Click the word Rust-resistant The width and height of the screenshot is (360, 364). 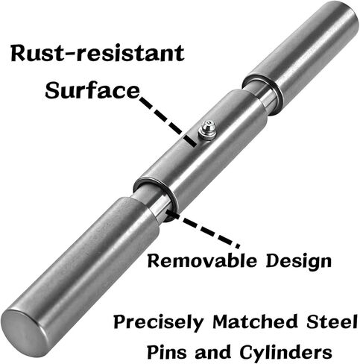tap(98, 54)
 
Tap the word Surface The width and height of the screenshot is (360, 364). tap(92, 90)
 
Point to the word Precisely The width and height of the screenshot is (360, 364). tap(159, 322)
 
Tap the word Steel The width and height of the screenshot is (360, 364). tap(332, 321)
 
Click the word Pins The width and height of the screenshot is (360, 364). tap(167, 351)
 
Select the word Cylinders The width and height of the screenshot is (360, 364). tap(286, 353)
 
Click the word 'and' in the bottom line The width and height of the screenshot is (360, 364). tap(213, 352)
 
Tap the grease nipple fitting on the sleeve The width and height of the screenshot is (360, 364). tap(206, 130)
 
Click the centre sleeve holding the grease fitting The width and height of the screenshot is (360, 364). tap(200, 151)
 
